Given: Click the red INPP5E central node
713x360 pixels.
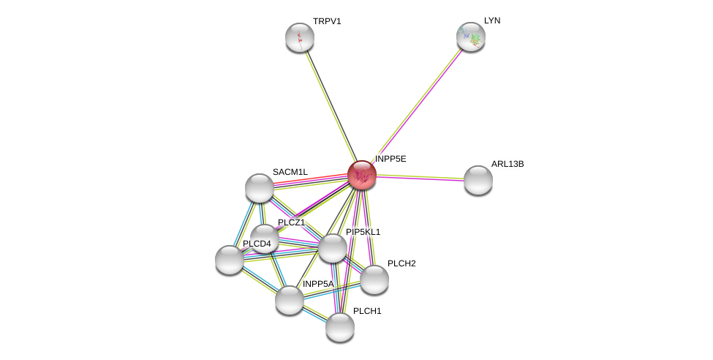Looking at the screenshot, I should pyautogui.click(x=362, y=175).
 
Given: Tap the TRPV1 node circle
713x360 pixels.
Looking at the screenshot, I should pyautogui.click(x=300, y=37).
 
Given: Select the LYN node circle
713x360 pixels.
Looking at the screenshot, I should pyautogui.click(x=471, y=37).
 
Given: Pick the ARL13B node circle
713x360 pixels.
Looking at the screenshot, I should pyautogui.click(x=478, y=180).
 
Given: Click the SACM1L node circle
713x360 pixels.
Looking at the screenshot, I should pyautogui.click(x=260, y=188).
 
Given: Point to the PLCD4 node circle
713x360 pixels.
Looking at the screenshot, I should pyautogui.click(x=230, y=260).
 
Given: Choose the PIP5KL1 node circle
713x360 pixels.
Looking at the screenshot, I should pyautogui.click(x=333, y=248).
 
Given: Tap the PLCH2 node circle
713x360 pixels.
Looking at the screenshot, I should pyautogui.click(x=374, y=280).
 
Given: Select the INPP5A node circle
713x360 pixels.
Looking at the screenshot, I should pyautogui.click(x=290, y=300).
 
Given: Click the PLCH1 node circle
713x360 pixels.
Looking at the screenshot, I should pyautogui.click(x=340, y=327).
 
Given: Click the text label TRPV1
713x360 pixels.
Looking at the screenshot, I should pyautogui.click(x=327, y=21).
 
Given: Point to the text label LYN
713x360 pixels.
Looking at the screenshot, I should pyautogui.click(x=492, y=20).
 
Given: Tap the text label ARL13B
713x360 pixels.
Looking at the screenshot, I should pyautogui.click(x=508, y=164).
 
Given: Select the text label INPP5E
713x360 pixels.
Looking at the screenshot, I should pyautogui.click(x=391, y=159).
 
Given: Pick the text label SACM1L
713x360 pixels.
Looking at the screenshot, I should pyautogui.click(x=290, y=172).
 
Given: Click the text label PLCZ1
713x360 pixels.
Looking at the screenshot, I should pyautogui.click(x=291, y=222).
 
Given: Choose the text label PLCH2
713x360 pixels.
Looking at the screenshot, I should pyautogui.click(x=401, y=263).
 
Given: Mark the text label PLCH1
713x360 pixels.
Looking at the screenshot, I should pyautogui.click(x=367, y=311).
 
